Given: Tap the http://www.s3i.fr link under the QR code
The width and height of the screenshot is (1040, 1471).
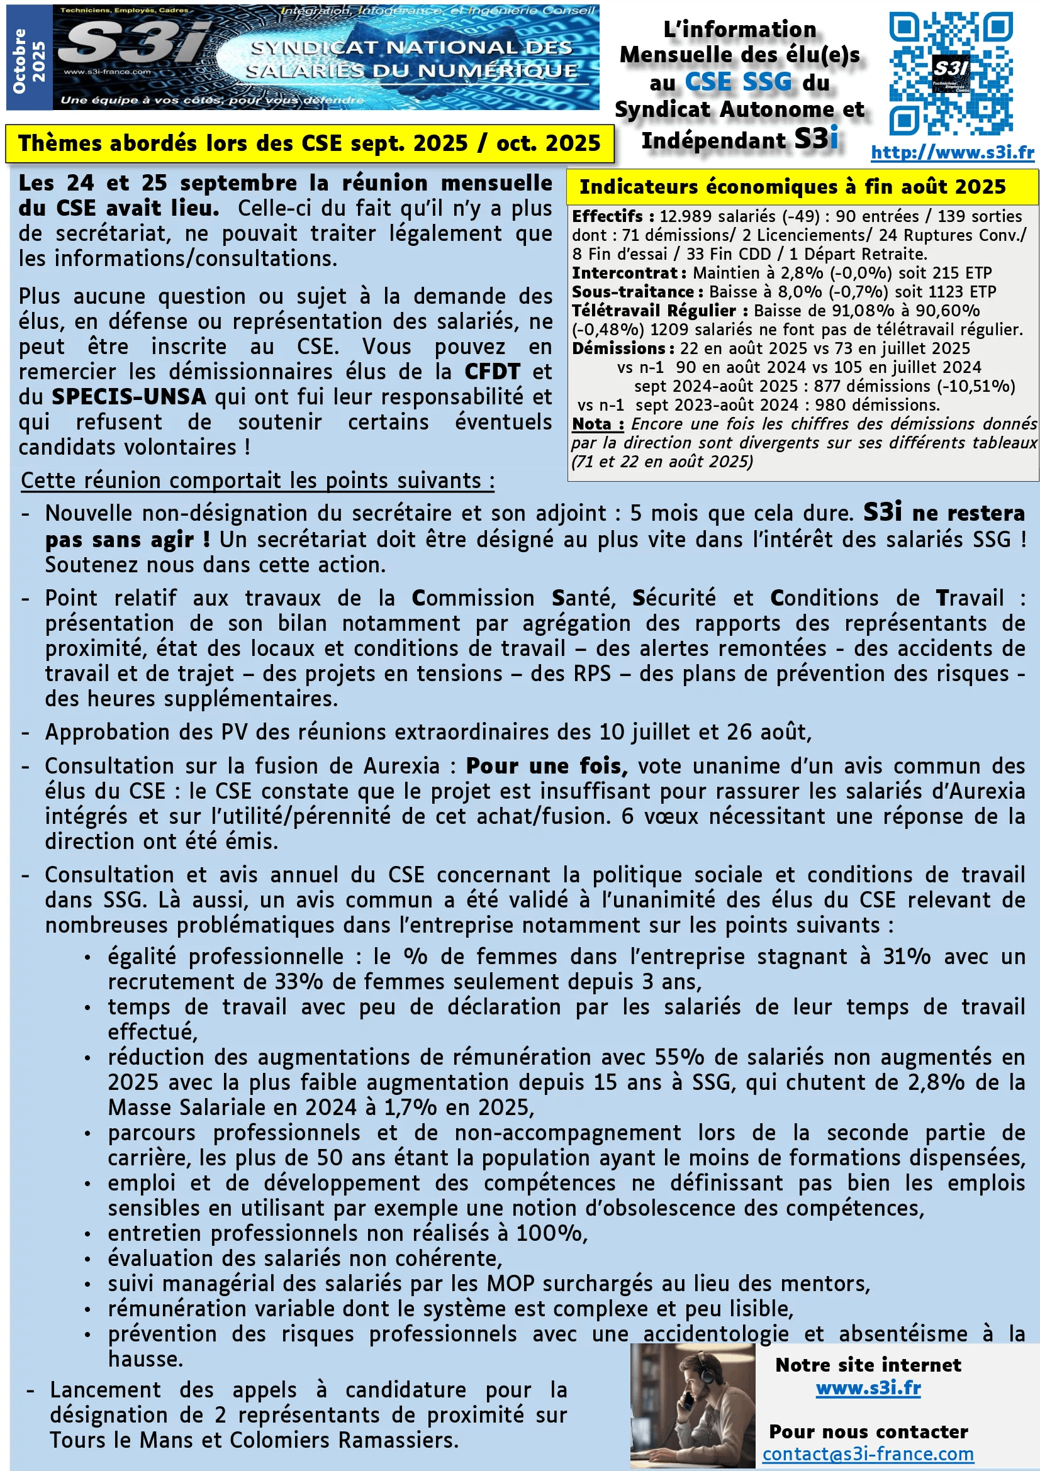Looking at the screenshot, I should pyautogui.click(x=952, y=152).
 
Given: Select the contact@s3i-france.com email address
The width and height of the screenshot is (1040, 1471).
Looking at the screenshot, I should pyautogui.click(x=868, y=1453).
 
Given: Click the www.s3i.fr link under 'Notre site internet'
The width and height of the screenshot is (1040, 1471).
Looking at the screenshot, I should pyautogui.click(x=868, y=1389).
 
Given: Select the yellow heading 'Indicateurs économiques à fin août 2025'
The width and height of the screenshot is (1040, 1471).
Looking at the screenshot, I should pyautogui.click(x=792, y=186).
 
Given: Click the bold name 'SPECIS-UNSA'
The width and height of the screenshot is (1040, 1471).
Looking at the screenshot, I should pyautogui.click(x=129, y=397).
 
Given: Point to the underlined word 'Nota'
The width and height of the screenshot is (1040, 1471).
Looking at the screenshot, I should pyautogui.click(x=591, y=424).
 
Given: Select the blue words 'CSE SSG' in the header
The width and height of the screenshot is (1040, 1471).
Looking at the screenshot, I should pyautogui.click(x=738, y=82).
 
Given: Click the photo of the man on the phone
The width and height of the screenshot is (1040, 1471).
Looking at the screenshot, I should pyautogui.click(x=692, y=1405).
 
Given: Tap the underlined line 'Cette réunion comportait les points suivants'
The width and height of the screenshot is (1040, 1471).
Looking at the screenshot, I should pyautogui.click(x=257, y=480).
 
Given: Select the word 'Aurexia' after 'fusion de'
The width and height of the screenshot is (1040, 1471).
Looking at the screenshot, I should pyautogui.click(x=402, y=765).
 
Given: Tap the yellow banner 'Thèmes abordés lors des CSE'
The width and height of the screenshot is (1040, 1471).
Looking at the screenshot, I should pyautogui.click(x=309, y=143).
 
